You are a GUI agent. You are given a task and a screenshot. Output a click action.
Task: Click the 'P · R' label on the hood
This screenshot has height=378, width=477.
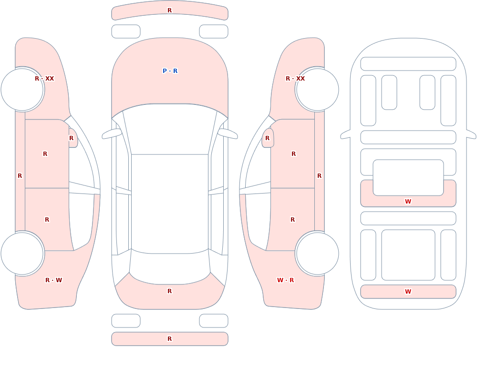(170, 71)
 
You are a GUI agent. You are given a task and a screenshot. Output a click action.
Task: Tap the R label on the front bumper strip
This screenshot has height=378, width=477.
(170, 10)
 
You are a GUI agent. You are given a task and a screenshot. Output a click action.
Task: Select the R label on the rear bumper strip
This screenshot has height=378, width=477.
(170, 339)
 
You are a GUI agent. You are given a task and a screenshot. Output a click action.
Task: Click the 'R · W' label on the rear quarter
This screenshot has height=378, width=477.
(53, 280)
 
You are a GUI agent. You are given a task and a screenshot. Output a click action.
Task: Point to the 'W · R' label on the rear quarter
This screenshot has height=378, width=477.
(285, 280)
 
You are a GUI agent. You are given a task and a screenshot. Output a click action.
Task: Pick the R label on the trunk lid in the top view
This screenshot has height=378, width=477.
(170, 291)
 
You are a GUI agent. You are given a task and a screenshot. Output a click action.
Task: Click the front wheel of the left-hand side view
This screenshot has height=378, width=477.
(22, 90)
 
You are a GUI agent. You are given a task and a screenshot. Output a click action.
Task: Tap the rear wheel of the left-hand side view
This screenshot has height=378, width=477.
(22, 253)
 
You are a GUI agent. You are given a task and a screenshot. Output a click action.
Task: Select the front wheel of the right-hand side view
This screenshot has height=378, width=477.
(317, 90)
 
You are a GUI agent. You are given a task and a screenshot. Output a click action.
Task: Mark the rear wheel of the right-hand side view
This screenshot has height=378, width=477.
(317, 253)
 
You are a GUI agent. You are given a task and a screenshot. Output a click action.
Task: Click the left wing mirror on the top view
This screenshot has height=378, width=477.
(111, 134)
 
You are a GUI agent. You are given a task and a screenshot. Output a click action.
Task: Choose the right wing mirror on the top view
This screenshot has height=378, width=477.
(228, 134)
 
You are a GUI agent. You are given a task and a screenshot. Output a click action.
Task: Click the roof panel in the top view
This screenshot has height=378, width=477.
(170, 204)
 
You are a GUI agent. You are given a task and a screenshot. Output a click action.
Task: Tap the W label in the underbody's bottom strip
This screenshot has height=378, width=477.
(408, 292)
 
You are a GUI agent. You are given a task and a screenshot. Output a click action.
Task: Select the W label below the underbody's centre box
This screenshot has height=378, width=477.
(408, 201)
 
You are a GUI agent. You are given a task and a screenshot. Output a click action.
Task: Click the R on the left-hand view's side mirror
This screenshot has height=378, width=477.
(72, 138)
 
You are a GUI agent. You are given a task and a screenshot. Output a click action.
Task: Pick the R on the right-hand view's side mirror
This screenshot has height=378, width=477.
(268, 138)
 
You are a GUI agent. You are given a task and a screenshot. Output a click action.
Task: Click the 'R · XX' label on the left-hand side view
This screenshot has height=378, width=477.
(44, 79)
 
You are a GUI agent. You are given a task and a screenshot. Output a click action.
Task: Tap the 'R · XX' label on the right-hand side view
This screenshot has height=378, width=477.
(295, 79)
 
